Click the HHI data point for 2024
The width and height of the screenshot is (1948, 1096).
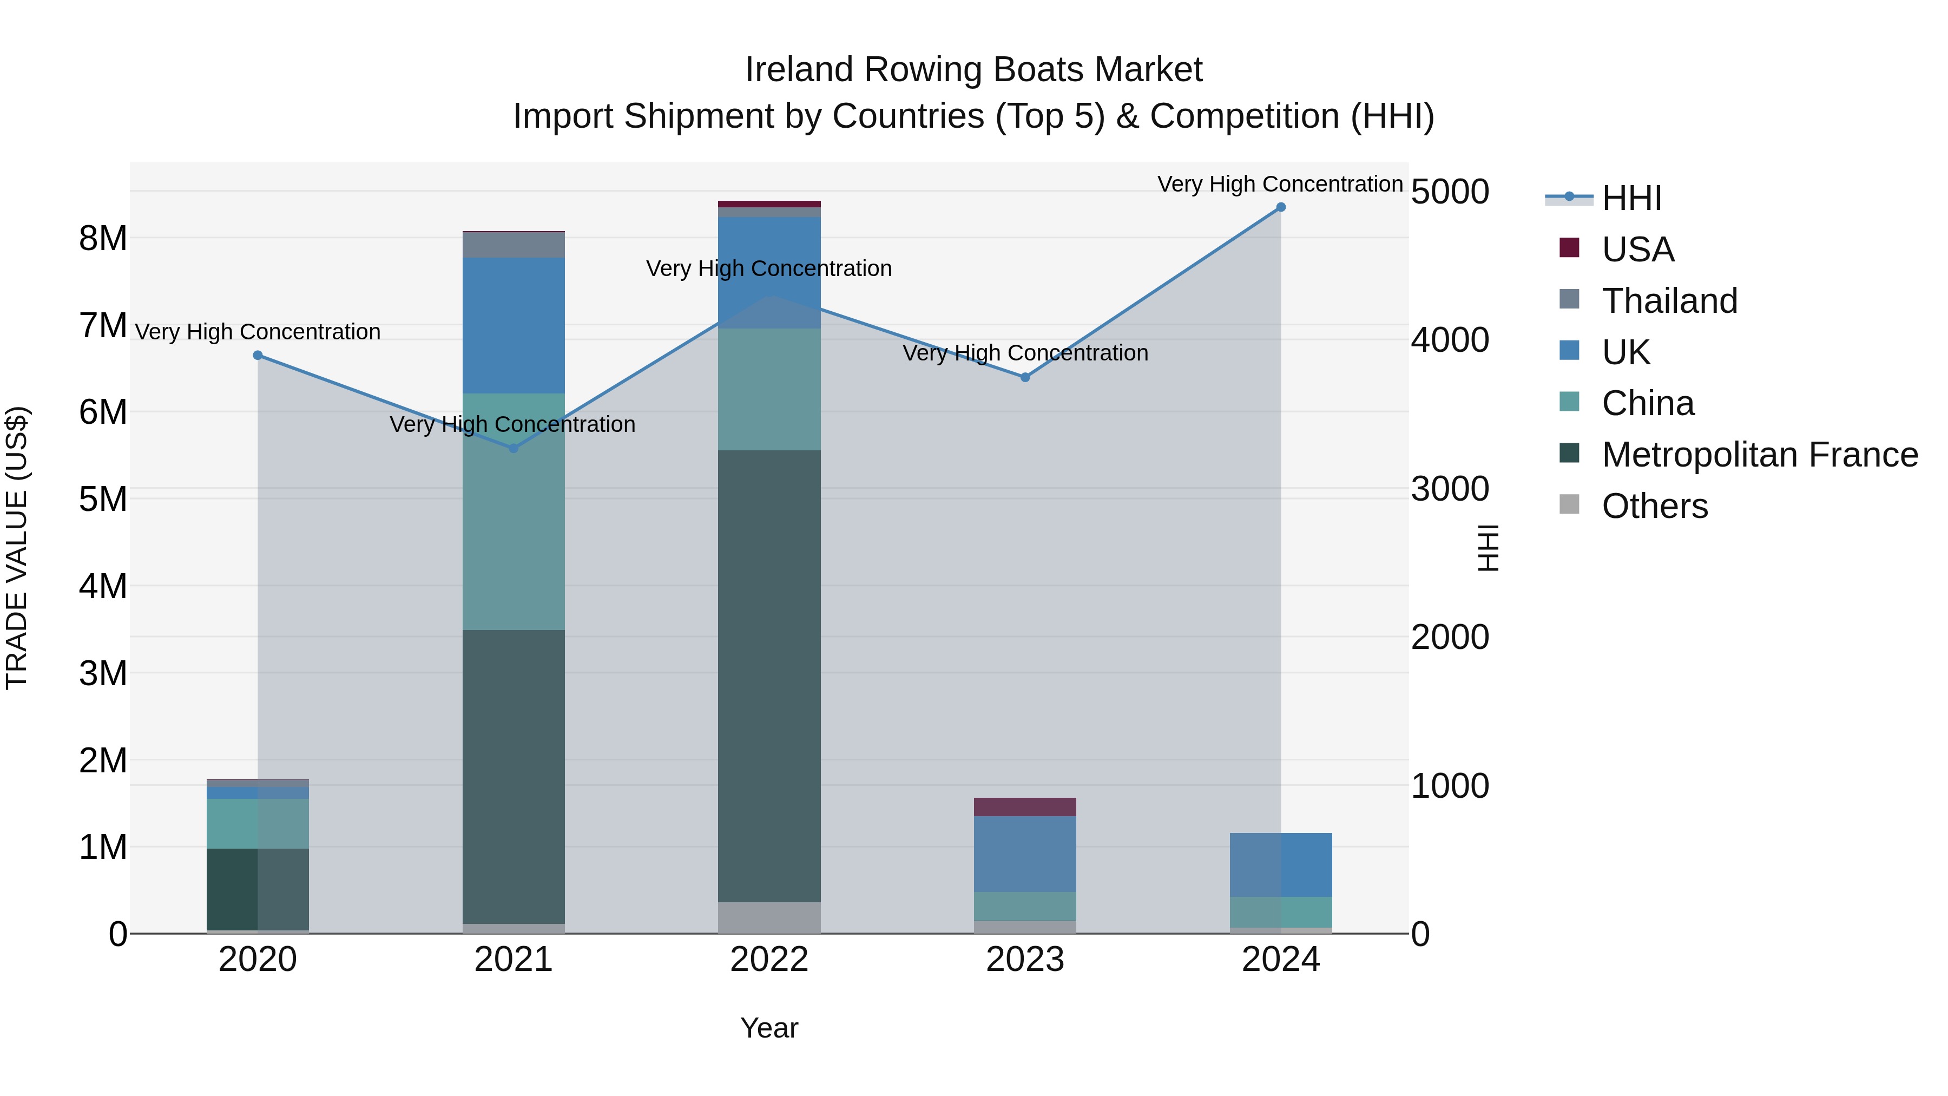[1280, 207]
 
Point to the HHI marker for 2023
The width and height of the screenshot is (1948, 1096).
[1025, 377]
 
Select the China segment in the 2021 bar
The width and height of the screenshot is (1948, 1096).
[514, 511]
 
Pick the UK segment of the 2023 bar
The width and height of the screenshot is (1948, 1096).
[1025, 854]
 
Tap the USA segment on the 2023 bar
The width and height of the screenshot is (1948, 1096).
[1025, 807]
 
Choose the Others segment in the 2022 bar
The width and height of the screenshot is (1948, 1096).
[769, 917]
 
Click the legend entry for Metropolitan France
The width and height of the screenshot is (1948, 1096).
[1760, 455]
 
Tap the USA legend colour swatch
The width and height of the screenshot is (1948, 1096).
[1569, 248]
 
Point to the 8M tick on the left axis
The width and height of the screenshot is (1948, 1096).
[103, 238]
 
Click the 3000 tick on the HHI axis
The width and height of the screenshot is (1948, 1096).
[1450, 489]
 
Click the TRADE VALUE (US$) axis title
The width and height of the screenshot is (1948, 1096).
[17, 548]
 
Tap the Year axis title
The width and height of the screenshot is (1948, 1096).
[769, 1028]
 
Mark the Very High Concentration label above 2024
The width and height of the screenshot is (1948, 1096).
[1280, 184]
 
